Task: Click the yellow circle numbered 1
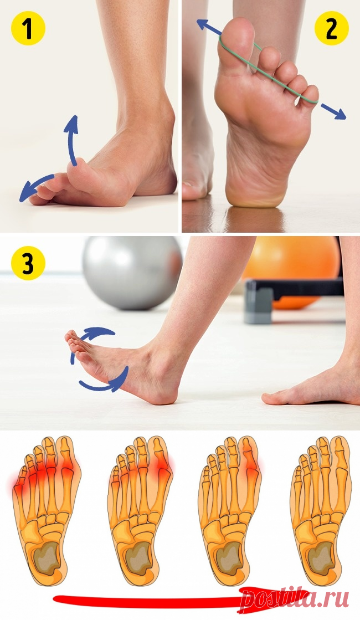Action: click(28, 28)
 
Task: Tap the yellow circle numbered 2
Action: click(332, 28)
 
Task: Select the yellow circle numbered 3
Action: click(28, 263)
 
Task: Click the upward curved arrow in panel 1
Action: click(73, 139)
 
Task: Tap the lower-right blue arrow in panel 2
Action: click(333, 111)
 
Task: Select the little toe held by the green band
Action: click(308, 96)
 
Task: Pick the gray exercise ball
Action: click(132, 272)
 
